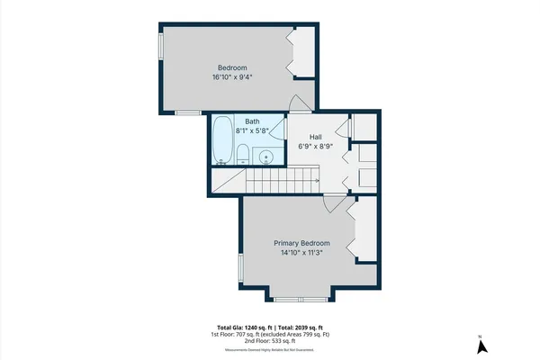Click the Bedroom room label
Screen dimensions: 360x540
tap(233, 67)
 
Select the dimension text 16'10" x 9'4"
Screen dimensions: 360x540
tap(233, 77)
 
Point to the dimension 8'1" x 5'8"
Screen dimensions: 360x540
tap(252, 130)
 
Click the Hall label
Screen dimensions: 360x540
tap(316, 137)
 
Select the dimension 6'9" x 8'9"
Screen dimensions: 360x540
tap(316, 147)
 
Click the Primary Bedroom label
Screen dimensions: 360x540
tap(301, 243)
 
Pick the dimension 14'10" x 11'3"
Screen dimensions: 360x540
tap(301, 253)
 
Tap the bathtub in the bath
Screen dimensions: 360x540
tap(222, 140)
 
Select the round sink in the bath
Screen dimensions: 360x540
tap(267, 157)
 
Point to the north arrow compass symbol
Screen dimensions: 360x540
tap(481, 346)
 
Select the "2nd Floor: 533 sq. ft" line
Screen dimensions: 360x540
tap(269, 342)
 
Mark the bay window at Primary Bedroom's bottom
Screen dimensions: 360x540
tap(300, 299)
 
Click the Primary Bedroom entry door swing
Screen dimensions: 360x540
tap(334, 204)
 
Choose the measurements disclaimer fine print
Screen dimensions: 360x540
tap(269, 350)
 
